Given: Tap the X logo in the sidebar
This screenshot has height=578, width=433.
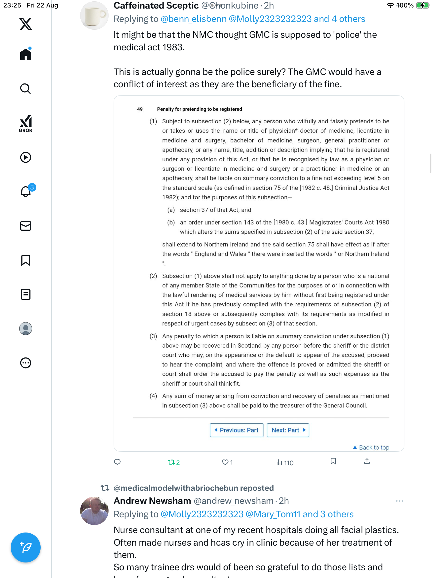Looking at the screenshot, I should [x=26, y=24].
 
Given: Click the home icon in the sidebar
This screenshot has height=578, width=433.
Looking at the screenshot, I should [x=26, y=54].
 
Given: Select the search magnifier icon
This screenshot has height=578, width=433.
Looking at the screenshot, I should [x=26, y=89].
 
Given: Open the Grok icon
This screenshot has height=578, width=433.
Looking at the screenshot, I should [x=26, y=123].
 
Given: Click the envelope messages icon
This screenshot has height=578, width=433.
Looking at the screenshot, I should [x=26, y=226].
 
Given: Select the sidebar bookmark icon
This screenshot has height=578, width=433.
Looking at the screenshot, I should [x=26, y=260].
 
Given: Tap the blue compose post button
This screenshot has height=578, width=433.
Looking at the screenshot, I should [x=26, y=547].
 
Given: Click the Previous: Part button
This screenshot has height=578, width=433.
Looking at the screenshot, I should [x=237, y=430].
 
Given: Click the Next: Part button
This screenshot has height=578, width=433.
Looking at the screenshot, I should [x=288, y=430].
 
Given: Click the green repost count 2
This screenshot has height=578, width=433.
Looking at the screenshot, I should [x=174, y=462].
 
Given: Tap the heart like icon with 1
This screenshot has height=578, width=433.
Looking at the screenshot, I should [x=227, y=462].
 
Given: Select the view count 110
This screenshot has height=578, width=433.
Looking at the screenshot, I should [x=285, y=463].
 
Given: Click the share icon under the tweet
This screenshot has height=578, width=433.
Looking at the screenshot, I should [x=367, y=461].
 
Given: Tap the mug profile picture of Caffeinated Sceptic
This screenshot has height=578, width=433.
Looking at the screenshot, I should [x=94, y=16].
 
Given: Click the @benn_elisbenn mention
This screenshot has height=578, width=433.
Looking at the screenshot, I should [x=194, y=19].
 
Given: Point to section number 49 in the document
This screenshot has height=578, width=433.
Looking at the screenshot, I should [x=140, y=109].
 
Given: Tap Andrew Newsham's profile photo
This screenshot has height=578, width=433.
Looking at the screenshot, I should [x=94, y=511].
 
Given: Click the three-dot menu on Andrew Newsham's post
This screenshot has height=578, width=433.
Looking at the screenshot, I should [x=399, y=501].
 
